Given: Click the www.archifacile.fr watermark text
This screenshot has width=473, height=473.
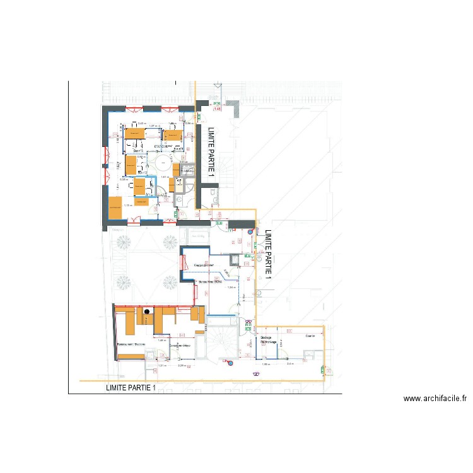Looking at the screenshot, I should [435, 398].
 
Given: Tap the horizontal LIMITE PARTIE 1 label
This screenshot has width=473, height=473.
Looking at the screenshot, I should [131, 388].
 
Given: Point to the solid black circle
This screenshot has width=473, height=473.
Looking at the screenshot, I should [147, 311].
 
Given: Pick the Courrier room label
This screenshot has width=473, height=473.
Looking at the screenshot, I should [310, 336].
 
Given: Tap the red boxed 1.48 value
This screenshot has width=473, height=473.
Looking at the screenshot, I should [218, 108].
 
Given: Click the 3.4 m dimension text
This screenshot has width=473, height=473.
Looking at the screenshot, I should [290, 364].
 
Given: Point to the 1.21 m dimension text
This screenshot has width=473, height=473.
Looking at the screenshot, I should [161, 366].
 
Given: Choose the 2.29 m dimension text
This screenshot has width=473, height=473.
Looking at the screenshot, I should [182, 366].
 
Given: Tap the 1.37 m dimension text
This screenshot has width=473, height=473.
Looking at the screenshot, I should [153, 126].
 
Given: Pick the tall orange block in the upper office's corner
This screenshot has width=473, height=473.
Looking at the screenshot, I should [115, 207].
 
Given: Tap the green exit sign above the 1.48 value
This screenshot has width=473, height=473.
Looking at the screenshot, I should [216, 103].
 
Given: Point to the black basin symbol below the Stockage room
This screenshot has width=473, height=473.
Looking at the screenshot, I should [257, 373].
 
